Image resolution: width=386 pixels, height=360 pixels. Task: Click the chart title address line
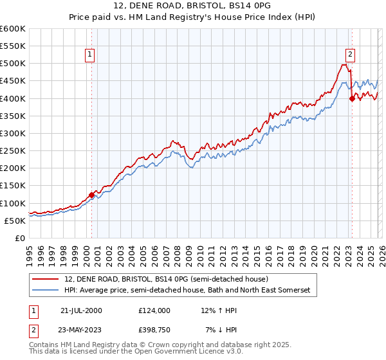(x=193, y=6)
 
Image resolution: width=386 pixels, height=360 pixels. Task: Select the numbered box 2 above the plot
(x=351, y=55)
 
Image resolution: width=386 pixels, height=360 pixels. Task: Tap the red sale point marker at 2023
(x=352, y=99)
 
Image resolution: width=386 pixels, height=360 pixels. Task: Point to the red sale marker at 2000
(x=91, y=195)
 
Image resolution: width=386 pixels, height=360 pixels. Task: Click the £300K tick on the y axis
(x=13, y=134)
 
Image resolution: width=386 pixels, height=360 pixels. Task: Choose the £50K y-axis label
(x=15, y=221)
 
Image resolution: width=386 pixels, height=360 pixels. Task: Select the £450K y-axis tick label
(x=13, y=81)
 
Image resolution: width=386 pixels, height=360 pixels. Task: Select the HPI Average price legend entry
(x=187, y=291)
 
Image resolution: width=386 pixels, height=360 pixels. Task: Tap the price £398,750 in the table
(x=154, y=329)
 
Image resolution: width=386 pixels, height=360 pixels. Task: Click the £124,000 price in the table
(x=154, y=310)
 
